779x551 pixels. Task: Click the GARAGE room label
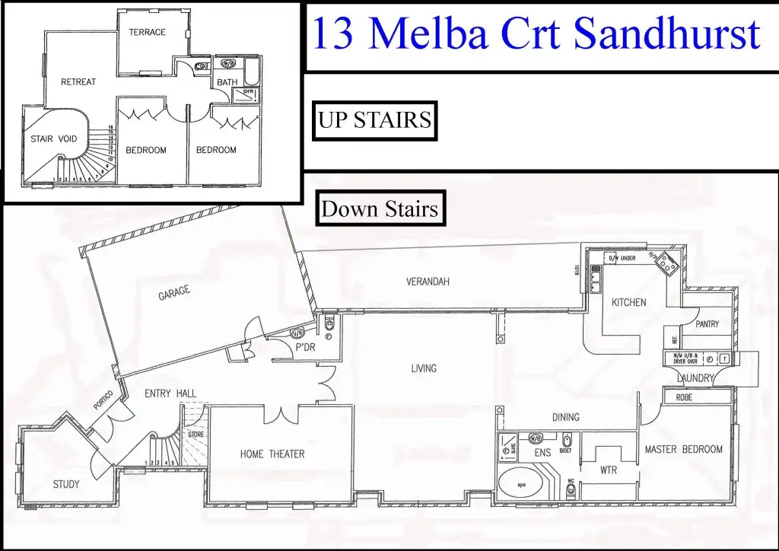pos(174,292)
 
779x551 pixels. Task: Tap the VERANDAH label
pos(428,282)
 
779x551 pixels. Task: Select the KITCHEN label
pos(629,302)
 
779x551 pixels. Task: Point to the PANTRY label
pos(707,324)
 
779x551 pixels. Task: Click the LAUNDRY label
pos(695,378)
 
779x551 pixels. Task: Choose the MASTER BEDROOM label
pos(683,450)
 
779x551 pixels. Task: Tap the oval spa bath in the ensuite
pos(523,484)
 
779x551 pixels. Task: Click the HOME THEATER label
pos(272,454)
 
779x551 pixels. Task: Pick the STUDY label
pos(65,484)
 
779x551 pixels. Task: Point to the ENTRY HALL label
pos(170,393)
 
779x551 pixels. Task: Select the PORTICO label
pos(103,401)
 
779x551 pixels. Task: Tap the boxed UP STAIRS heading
pos(374,120)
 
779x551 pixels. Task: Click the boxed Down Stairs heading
pos(380,209)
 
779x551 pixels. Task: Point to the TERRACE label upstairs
pos(147,33)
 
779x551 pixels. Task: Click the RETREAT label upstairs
pos(78,82)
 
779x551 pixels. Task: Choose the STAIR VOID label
pos(54,139)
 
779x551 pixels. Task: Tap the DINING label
pos(565,417)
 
